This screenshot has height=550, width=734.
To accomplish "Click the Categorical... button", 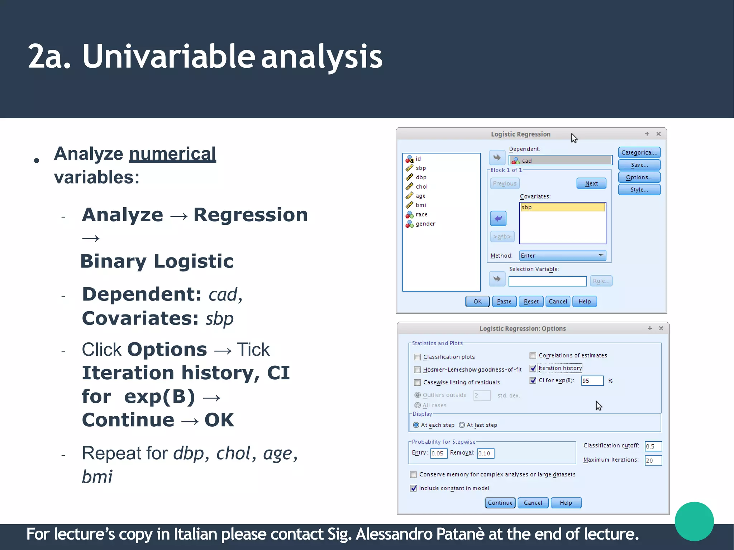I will [x=639, y=152].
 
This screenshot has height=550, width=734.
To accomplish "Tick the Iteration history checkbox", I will [x=533, y=368].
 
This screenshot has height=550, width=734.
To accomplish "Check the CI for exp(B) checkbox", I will [x=533, y=380].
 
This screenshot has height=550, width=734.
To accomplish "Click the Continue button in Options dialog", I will [x=500, y=503].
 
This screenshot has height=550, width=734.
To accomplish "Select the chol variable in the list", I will [x=421, y=186].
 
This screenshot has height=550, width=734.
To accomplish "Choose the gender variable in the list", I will [x=425, y=224].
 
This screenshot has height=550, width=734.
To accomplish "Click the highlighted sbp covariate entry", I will [x=562, y=207].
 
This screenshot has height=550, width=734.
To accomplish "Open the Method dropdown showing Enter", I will [x=562, y=255].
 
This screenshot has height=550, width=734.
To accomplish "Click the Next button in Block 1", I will [x=591, y=184].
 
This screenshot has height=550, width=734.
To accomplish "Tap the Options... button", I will [x=639, y=177].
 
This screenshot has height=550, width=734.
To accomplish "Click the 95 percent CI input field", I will [x=592, y=381].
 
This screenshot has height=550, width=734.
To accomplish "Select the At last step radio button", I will [x=462, y=425].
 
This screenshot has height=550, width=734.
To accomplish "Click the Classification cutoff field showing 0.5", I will [x=653, y=446].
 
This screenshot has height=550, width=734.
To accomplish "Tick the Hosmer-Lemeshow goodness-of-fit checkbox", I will [x=418, y=370].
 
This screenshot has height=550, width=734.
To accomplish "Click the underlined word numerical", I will [x=172, y=154].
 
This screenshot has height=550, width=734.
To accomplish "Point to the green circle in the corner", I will [x=694, y=521].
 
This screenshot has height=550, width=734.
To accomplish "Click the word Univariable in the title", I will [x=168, y=56].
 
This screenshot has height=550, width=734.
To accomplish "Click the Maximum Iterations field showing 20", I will [x=653, y=460].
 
